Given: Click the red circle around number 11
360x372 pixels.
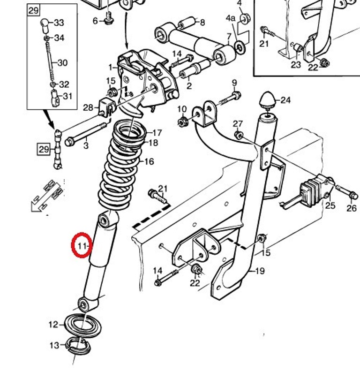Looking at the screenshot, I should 82,245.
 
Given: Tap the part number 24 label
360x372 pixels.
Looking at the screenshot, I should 285,100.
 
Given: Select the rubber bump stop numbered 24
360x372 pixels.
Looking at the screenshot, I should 267,100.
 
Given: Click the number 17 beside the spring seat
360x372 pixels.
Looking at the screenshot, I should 157,133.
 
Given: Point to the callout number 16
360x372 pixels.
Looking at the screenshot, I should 149,162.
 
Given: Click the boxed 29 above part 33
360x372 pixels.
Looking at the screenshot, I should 33,10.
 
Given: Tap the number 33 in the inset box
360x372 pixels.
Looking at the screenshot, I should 59,23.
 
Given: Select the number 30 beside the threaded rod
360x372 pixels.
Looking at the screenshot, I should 62,63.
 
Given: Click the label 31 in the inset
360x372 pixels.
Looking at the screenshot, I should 67,96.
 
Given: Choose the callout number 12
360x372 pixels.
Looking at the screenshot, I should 53,324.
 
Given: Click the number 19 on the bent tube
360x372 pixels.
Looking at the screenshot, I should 260,271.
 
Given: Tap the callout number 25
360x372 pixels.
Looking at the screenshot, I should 330,205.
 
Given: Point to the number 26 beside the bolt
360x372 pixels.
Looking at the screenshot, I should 352,208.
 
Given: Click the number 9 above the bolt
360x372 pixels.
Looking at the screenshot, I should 234,84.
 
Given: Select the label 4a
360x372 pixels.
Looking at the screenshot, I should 230,18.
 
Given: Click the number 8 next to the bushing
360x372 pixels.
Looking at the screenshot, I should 202,22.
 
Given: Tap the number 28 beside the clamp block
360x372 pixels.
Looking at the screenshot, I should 88,107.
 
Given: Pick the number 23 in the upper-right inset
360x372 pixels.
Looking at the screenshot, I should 295,65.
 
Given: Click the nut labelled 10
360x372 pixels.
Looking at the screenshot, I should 182,122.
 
